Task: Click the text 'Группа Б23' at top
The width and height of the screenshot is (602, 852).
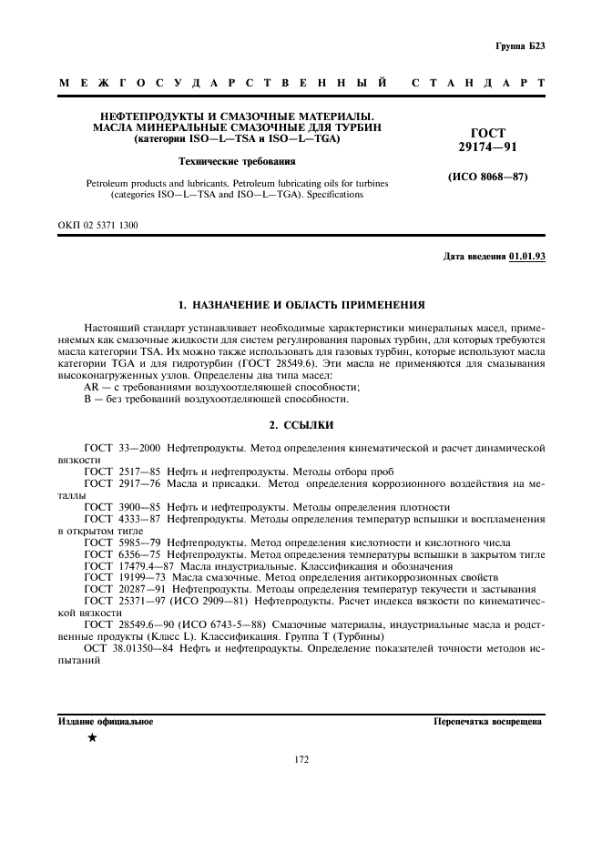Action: point(520,46)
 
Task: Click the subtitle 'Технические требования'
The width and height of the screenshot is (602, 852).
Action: point(237,161)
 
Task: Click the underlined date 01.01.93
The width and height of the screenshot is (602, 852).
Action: point(527,257)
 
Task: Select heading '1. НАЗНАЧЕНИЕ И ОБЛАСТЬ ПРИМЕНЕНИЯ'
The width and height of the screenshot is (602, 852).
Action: point(301,303)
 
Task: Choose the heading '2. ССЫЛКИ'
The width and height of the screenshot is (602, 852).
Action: point(301,425)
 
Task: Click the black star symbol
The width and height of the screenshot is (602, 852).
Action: point(92,737)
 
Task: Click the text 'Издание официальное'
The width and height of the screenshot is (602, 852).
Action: point(106,722)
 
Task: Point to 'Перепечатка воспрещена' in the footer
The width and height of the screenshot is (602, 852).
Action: point(488,722)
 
